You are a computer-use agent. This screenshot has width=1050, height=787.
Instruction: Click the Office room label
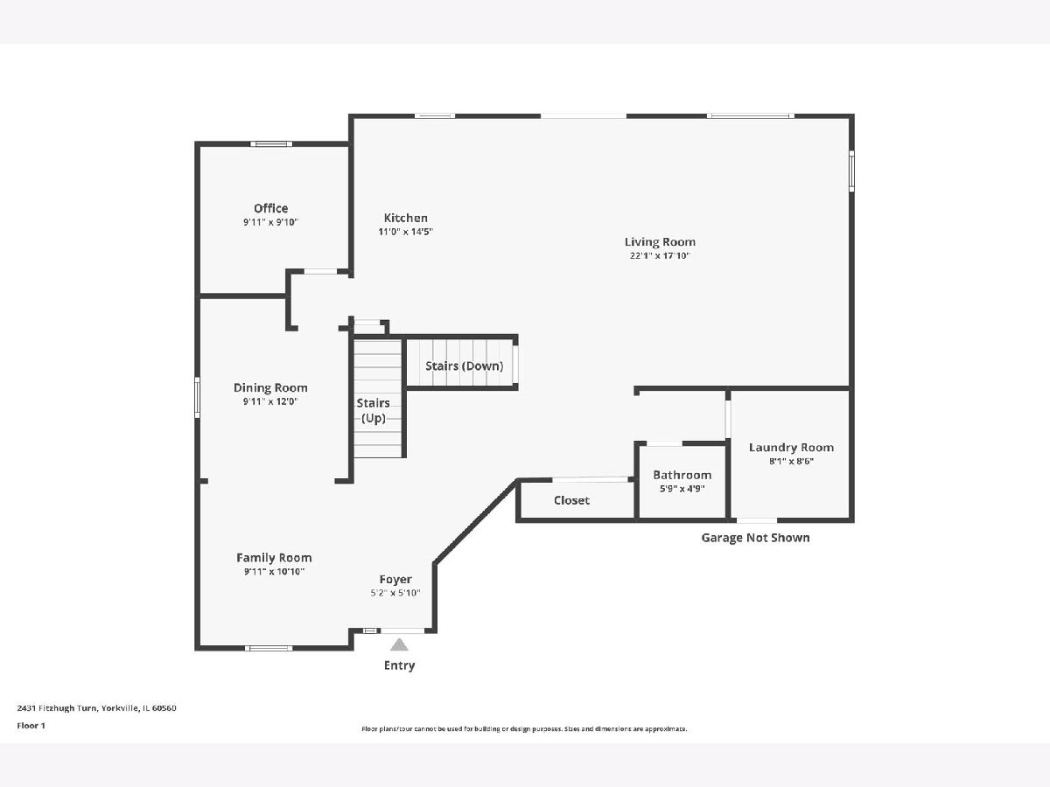pos(270,208)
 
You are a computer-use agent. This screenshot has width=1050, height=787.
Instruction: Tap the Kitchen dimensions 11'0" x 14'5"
pos(406,232)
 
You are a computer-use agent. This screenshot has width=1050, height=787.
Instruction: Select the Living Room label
pos(660,242)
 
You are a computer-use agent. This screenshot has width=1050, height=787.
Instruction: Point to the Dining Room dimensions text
pos(270,401)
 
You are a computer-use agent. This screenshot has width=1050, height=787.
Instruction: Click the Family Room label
pos(274,558)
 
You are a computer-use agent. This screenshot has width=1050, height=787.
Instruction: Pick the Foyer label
pos(395,579)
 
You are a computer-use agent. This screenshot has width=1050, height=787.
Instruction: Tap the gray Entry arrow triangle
pos(399,644)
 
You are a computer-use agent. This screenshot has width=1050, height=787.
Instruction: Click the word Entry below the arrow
pos(399,665)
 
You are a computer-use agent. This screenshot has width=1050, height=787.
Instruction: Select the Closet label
pos(571,500)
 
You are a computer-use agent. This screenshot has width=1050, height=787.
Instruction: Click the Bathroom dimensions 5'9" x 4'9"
pos(682,489)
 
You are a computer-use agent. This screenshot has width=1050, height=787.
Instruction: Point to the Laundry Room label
pos(791,448)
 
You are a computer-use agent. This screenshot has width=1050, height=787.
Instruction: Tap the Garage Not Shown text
pos(755,538)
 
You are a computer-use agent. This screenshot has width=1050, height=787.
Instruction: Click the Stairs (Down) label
pos(464,366)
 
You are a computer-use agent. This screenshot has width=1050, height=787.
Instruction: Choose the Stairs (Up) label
pos(373,410)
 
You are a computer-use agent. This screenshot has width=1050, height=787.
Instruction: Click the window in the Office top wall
pos(271,143)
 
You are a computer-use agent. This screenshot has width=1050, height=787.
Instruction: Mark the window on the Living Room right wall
pos(851,171)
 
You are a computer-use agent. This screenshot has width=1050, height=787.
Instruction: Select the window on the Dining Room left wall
pos(197,397)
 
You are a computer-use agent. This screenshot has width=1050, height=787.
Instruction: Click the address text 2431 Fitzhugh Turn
pos(57,708)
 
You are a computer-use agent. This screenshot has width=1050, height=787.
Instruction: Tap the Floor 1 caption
pos(31,726)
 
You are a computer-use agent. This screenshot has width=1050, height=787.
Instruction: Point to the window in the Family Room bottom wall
pos(269,648)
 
